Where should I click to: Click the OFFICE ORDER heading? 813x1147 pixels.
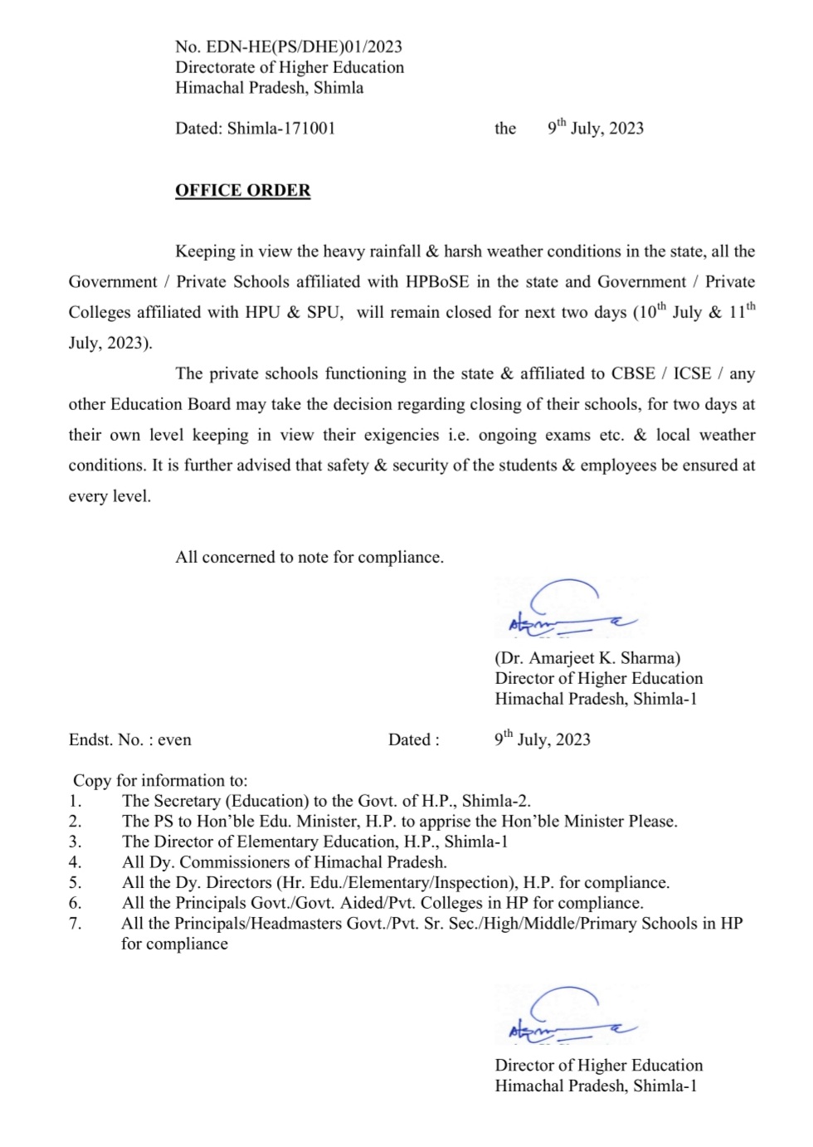click(242, 190)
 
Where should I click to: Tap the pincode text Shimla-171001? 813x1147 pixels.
click(281, 129)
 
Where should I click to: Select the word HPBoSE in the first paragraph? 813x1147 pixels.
click(437, 282)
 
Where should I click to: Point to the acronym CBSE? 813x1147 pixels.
click(633, 373)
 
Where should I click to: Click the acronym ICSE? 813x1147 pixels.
click(692, 373)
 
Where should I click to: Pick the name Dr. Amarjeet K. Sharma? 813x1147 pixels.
click(587, 658)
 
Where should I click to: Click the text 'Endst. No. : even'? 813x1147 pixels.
click(130, 740)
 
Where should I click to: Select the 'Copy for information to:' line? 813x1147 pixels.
click(160, 781)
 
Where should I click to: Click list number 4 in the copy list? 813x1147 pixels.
click(75, 862)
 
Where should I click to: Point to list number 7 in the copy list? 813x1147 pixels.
click(75, 924)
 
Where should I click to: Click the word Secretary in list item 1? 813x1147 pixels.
click(188, 802)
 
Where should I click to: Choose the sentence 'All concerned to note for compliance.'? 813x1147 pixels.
click(309, 558)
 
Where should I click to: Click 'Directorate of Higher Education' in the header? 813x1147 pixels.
click(290, 68)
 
